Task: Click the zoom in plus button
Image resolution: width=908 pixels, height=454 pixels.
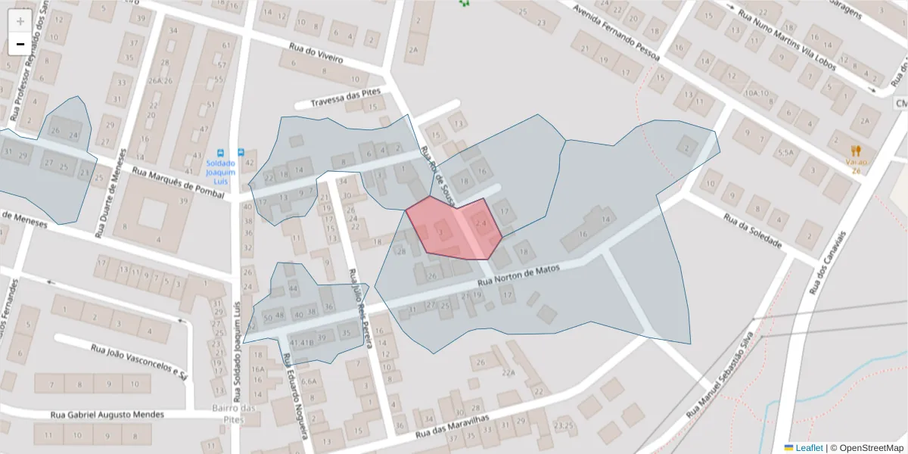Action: tap(20, 21)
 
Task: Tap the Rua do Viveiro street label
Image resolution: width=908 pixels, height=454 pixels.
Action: tap(316, 53)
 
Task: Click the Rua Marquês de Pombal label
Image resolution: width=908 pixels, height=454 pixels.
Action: tap(179, 183)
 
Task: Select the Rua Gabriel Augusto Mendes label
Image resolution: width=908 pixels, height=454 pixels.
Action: tap(107, 415)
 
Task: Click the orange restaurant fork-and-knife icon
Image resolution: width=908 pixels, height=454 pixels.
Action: tap(856, 151)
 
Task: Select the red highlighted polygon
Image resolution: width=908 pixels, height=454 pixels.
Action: tap(452, 229)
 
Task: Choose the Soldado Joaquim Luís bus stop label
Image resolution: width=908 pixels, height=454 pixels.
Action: tap(219, 172)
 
